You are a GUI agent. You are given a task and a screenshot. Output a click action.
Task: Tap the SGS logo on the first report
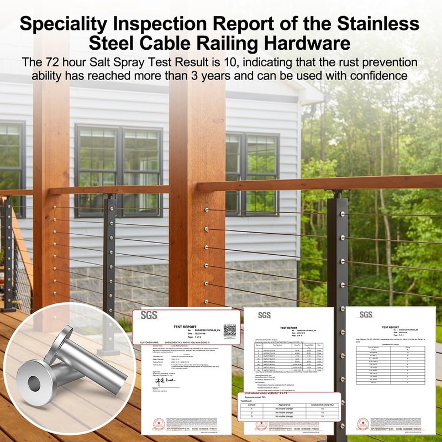coord(149,315)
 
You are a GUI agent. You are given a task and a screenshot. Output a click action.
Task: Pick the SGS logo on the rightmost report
coord(366,314)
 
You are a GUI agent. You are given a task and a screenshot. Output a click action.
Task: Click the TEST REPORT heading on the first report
coord(186,327)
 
